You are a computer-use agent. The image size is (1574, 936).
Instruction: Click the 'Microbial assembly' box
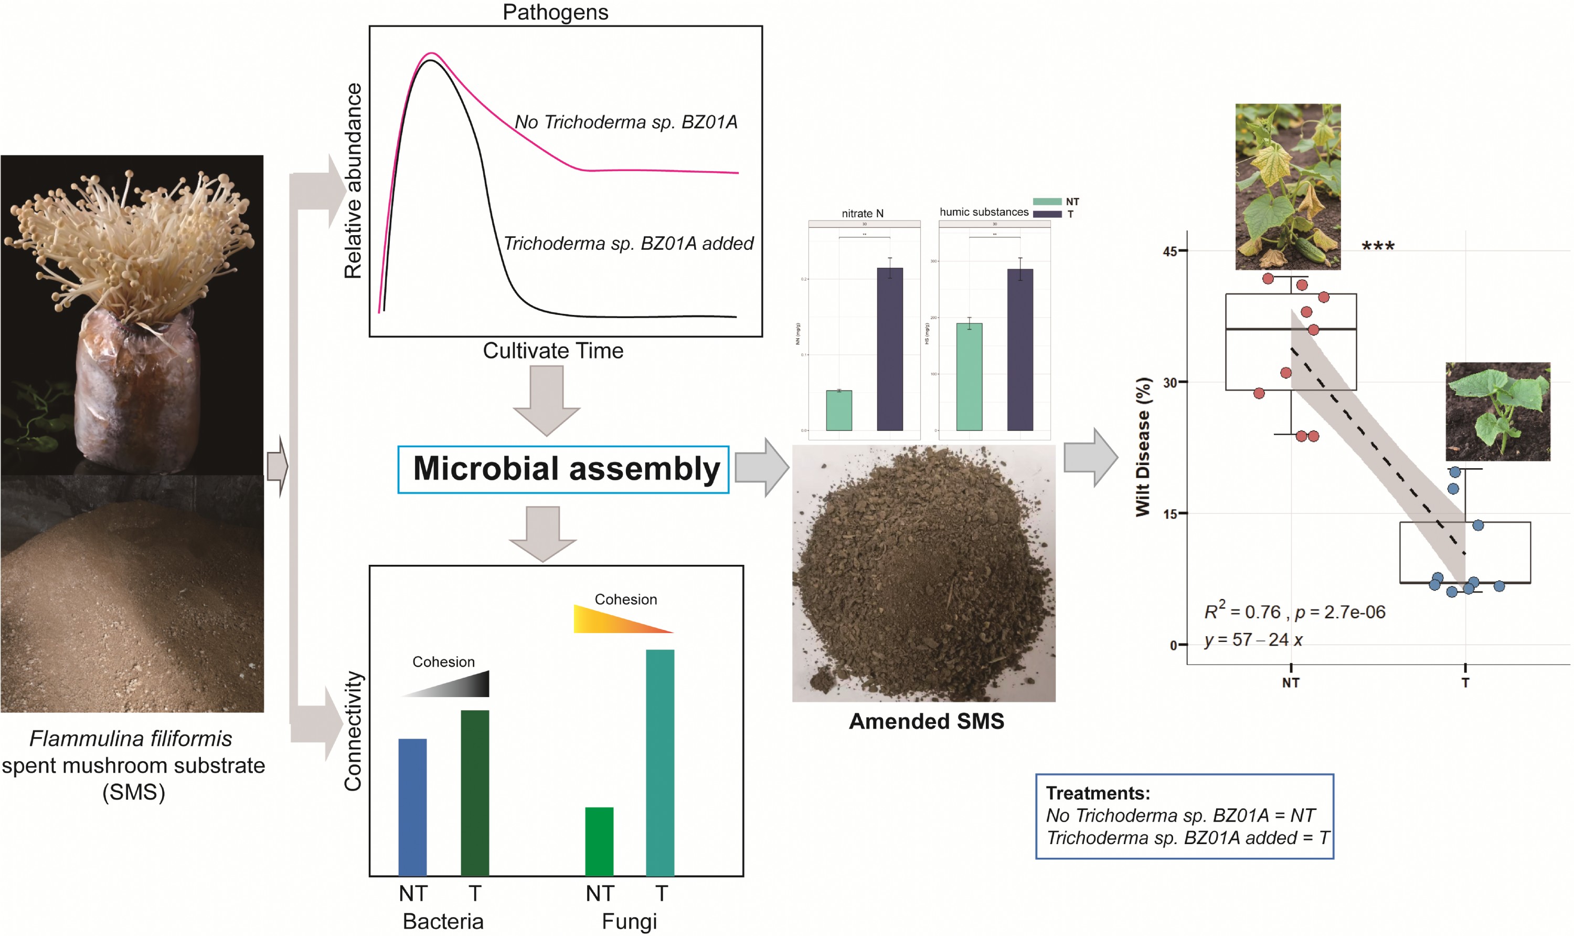(x=563, y=469)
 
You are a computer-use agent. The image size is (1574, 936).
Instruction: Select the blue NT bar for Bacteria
(x=412, y=807)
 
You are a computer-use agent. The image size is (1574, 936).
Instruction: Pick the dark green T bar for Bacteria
(x=475, y=793)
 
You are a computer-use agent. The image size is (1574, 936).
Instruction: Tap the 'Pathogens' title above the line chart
(x=555, y=12)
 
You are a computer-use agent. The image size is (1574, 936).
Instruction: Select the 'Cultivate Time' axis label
(x=553, y=351)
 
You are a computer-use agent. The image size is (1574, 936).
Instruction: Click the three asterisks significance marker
(x=1377, y=246)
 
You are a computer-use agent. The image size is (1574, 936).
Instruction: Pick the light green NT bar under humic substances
(x=969, y=376)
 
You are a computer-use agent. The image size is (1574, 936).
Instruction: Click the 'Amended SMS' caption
(x=926, y=721)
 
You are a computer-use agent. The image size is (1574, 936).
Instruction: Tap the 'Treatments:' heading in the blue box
(x=1098, y=793)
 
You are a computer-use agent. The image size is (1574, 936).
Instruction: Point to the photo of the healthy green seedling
(x=1497, y=411)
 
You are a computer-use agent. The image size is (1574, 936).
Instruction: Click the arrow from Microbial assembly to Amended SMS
(x=761, y=467)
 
